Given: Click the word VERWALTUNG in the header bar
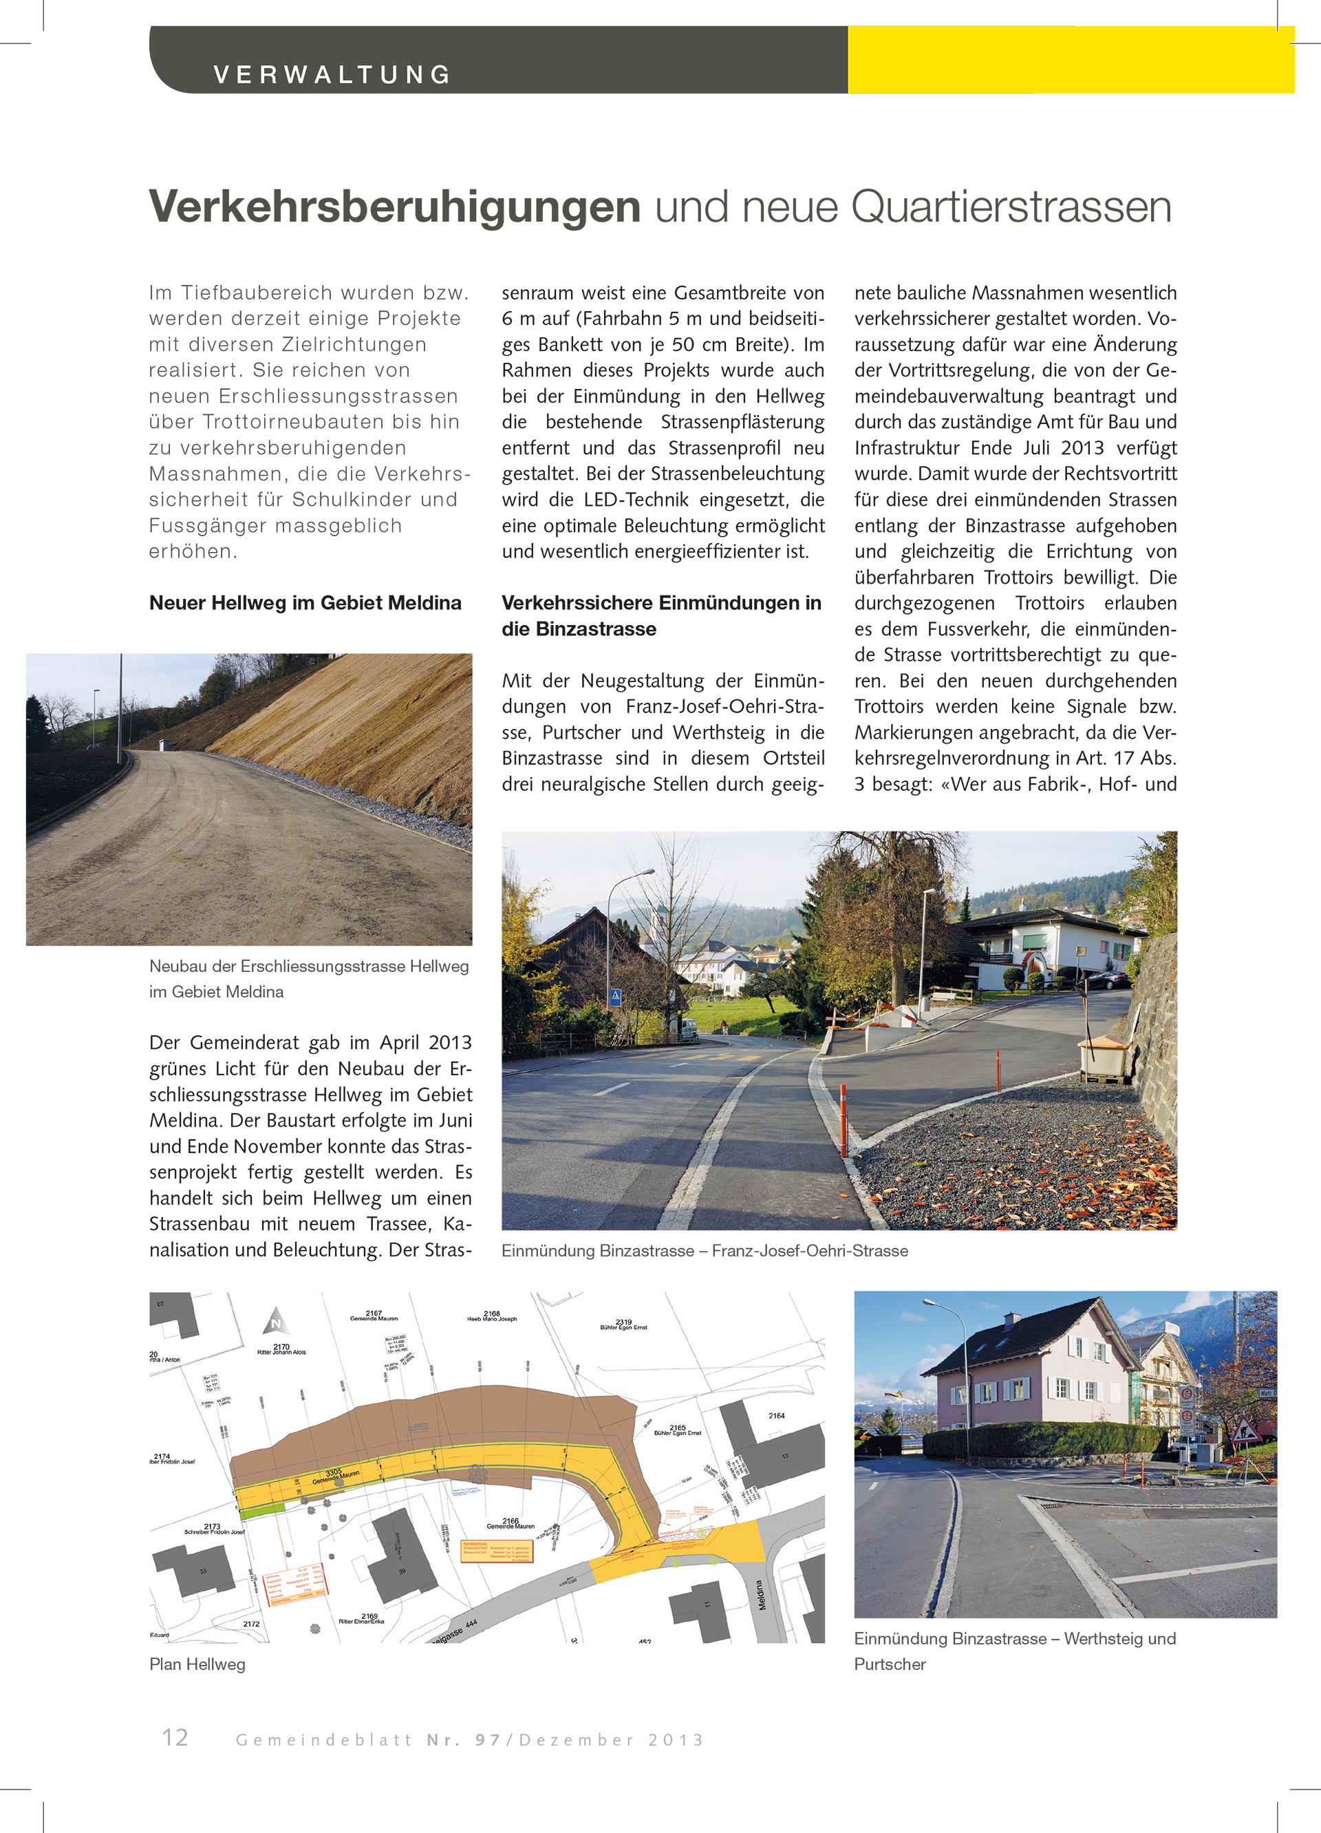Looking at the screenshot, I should [332, 74].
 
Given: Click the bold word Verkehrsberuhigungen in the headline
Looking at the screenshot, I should [394, 207].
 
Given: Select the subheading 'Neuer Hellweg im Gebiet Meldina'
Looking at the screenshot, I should [305, 603].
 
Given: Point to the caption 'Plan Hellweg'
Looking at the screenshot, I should [197, 1664].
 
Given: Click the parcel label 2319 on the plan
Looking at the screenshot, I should [623, 1322].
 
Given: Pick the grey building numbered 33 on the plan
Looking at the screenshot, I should [194, 1569].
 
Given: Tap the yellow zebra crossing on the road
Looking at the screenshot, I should [719, 1057].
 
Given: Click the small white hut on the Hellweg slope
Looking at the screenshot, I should [167, 743].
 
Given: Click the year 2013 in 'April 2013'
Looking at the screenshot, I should [450, 1043].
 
